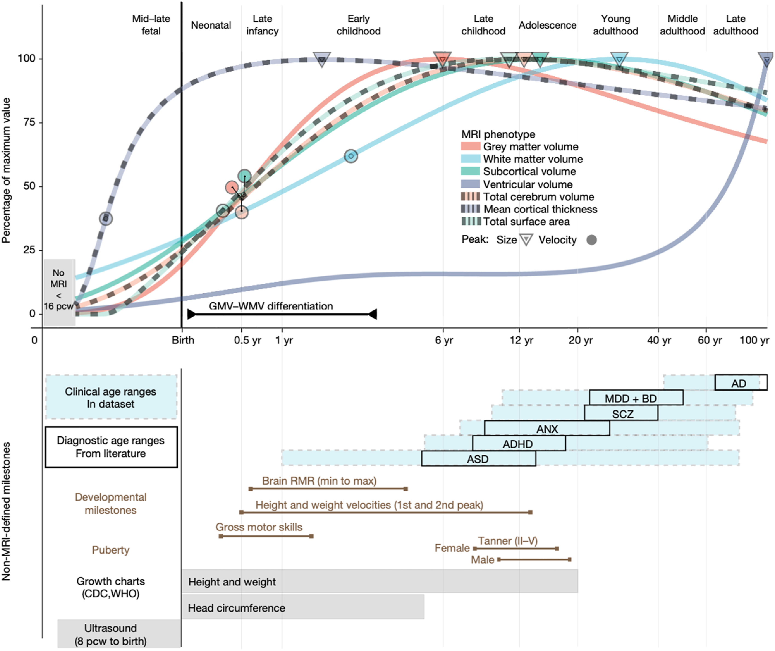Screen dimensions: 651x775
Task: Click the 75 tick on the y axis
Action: pyautogui.click(x=30, y=123)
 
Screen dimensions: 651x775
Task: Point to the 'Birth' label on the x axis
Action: pyautogui.click(x=183, y=340)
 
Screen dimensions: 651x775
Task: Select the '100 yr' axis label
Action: pyautogui.click(x=754, y=340)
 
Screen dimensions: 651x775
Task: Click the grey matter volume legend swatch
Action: pyautogui.click(x=470, y=147)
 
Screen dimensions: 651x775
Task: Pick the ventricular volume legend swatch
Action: pyautogui.click(x=470, y=184)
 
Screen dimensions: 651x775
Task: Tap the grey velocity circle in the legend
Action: pyautogui.click(x=591, y=240)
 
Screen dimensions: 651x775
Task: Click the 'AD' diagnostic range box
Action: pyautogui.click(x=741, y=383)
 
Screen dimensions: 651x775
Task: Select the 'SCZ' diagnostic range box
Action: pyautogui.click(x=621, y=413)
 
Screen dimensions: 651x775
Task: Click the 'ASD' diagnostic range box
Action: pyautogui.click(x=478, y=459)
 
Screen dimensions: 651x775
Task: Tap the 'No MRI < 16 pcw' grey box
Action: pyautogui.click(x=59, y=292)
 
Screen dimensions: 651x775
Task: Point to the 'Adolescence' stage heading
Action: pyautogui.click(x=547, y=25)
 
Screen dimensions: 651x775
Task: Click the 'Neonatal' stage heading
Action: pyautogui.click(x=211, y=25)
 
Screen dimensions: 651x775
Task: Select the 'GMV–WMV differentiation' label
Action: pyautogui.click(x=271, y=306)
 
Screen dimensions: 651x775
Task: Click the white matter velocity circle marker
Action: pyautogui.click(x=351, y=156)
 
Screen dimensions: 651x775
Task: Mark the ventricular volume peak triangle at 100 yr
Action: pyautogui.click(x=766, y=59)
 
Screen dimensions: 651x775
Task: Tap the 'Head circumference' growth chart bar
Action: pyautogui.click(x=303, y=608)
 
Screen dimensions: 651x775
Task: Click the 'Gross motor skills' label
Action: pyautogui.click(x=259, y=527)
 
